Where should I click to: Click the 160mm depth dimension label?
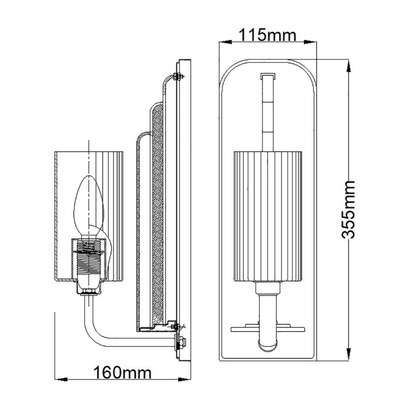(122, 373)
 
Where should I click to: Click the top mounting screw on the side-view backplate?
(177, 77)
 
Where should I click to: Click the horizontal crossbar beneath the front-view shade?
(267, 326)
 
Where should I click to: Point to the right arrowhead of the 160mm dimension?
(186, 379)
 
